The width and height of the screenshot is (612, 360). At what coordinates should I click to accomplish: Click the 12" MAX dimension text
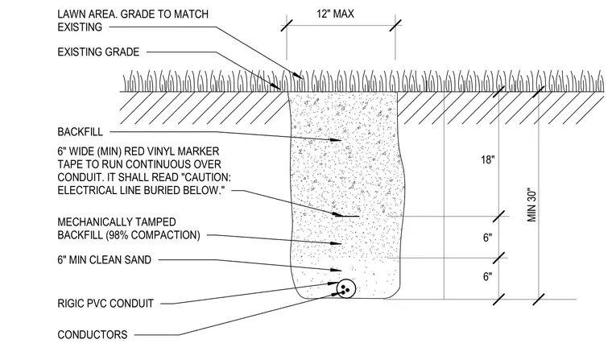click(335, 14)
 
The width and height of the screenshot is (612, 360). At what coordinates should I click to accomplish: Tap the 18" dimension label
click(487, 159)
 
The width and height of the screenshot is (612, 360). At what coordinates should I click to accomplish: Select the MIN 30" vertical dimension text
click(532, 206)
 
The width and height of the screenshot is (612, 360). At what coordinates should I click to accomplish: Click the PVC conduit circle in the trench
click(345, 289)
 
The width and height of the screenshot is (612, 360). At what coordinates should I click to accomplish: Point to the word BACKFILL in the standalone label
click(80, 132)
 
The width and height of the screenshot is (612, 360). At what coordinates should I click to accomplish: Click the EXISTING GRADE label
click(98, 52)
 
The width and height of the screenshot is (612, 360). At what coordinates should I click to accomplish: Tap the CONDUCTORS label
click(93, 334)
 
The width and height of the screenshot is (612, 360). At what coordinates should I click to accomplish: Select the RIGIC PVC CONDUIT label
click(105, 304)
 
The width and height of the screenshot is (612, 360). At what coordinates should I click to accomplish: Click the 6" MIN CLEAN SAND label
click(104, 259)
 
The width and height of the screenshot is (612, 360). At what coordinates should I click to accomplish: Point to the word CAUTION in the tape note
click(207, 177)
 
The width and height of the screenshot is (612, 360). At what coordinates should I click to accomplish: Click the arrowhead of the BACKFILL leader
click(337, 139)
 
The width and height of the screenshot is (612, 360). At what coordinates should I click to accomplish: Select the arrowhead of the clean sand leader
click(337, 270)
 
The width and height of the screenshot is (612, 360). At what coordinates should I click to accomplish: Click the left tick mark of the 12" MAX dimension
click(287, 26)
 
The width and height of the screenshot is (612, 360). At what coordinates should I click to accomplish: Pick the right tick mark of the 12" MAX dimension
click(395, 26)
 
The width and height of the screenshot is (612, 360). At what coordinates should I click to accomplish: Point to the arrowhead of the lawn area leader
click(299, 75)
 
